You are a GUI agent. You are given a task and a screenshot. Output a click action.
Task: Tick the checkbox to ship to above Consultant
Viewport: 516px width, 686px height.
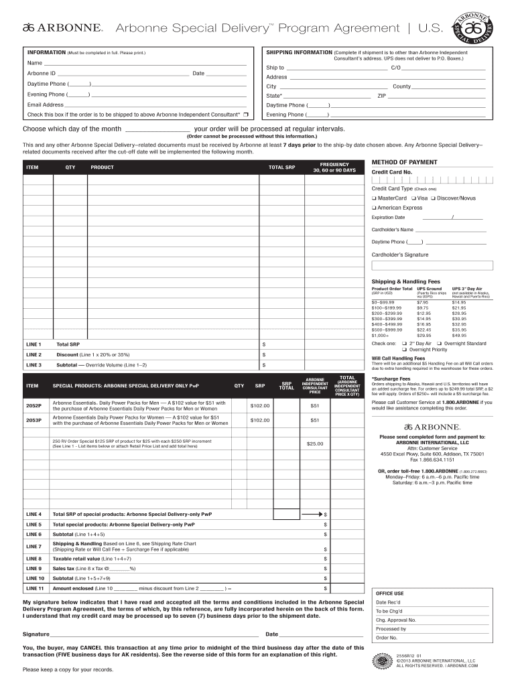(x=247, y=115)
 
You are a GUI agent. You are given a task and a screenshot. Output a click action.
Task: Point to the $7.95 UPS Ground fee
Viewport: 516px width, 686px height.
(x=422, y=302)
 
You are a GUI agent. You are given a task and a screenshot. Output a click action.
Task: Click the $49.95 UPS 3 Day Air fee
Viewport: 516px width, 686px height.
(x=459, y=335)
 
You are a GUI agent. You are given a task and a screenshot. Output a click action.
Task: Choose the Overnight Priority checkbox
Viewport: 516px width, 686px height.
(x=405, y=350)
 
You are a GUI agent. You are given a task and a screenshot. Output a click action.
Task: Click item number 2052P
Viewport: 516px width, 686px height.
(x=34, y=406)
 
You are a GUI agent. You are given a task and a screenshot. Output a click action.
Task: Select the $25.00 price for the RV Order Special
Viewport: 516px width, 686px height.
(x=314, y=443)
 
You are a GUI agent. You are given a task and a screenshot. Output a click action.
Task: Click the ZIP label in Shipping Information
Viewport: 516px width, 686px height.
(x=381, y=96)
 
